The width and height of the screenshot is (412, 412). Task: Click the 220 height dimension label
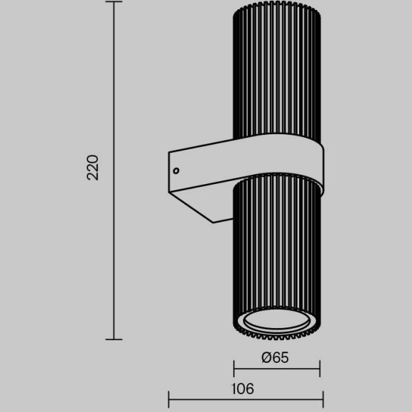[93, 168]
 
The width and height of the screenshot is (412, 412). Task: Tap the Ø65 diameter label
[275, 357]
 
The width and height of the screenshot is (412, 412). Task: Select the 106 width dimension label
[243, 389]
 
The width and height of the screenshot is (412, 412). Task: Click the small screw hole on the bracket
[176, 170]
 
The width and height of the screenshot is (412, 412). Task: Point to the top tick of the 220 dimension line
[114, 1]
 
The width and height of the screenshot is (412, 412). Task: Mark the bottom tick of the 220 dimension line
[114, 340]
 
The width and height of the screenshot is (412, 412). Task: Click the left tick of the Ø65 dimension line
[234, 369]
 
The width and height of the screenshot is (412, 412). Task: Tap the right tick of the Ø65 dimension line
[320, 369]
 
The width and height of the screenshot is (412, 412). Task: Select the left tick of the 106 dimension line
[168, 399]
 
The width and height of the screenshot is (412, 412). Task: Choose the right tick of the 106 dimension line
[323, 399]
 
